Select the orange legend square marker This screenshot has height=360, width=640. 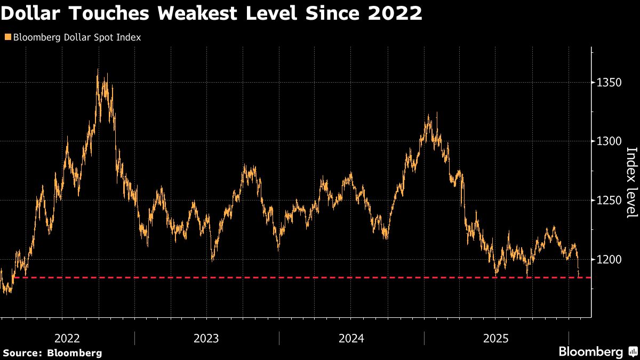pyautogui.click(x=7, y=37)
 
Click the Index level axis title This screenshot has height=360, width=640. pyautogui.click(x=631, y=182)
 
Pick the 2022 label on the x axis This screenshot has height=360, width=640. pyautogui.click(x=67, y=338)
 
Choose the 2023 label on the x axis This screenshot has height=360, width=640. pyautogui.click(x=206, y=338)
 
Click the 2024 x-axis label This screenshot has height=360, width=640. pyautogui.click(x=351, y=338)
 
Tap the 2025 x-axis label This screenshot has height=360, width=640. pyautogui.click(x=496, y=338)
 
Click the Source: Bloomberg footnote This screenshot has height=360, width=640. pyautogui.click(x=52, y=353)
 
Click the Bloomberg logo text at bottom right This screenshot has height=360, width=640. pyautogui.click(x=590, y=352)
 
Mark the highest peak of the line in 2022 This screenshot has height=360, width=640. pyautogui.click(x=98, y=70)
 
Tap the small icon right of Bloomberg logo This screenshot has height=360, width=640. pyautogui.click(x=633, y=352)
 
